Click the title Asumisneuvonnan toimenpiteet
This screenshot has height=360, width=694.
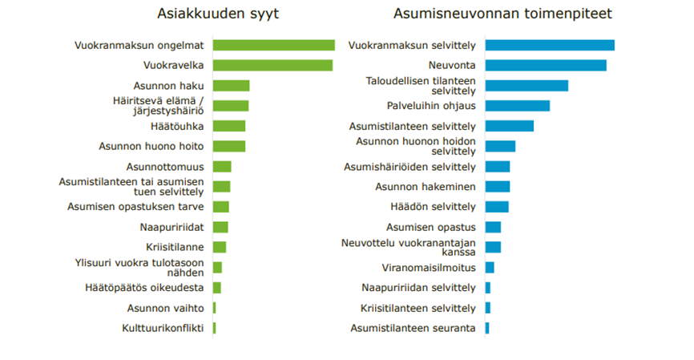[502, 14]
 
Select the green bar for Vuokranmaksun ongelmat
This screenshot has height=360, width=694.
[274, 45]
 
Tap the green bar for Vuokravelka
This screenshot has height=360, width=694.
[272, 65]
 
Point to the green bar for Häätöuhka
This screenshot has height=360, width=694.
[229, 126]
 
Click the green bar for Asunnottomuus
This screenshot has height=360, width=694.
[222, 167]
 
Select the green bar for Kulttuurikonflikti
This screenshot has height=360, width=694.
[215, 328]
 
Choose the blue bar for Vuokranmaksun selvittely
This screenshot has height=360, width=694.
[550, 45]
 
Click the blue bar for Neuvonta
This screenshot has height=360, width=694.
[546, 65]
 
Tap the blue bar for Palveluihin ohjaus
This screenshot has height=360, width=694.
[518, 106]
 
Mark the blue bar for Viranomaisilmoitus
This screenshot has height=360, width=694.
[490, 267]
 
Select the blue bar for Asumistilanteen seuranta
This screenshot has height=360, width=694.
[487, 328]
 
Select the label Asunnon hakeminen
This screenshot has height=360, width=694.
[426, 187]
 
